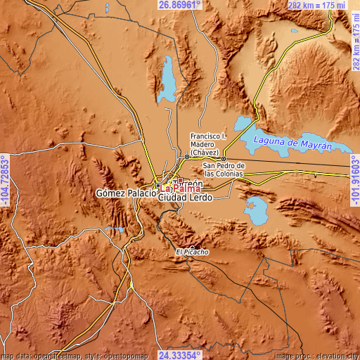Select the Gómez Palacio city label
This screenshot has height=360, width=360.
click(x=125, y=193)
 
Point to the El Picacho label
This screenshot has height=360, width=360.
click(x=188, y=252)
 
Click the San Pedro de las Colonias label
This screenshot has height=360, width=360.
click(x=224, y=170)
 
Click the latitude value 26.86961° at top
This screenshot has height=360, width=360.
click(x=179, y=5)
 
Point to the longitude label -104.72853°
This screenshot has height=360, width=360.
click(x=5, y=180)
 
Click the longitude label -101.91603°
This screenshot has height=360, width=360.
click(x=354, y=180)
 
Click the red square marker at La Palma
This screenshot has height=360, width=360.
click(x=180, y=180)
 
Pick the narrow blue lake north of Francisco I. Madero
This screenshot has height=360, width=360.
click(x=168, y=79)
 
